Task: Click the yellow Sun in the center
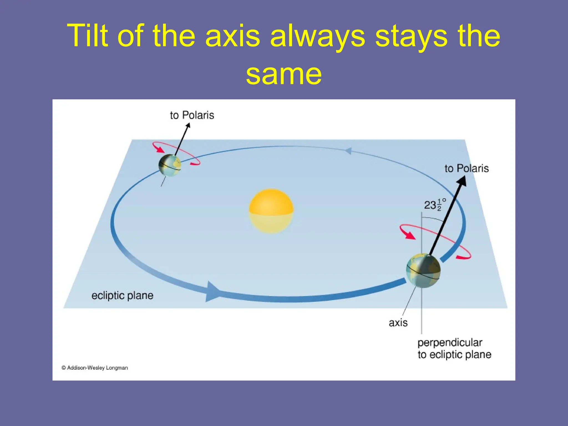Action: tap(271, 211)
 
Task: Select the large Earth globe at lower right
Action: tap(423, 270)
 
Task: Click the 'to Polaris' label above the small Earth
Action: tap(192, 115)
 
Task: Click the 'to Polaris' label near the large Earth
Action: tap(466, 168)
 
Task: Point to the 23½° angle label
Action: tap(434, 205)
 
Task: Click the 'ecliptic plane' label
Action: tap(122, 295)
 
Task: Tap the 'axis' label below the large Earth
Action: tap(398, 323)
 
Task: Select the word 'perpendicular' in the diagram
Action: tap(450, 343)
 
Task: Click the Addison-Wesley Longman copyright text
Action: tap(95, 368)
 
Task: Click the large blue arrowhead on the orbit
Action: tap(212, 292)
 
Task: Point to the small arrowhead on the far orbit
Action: tap(348, 151)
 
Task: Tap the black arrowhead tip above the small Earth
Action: tap(188, 125)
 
